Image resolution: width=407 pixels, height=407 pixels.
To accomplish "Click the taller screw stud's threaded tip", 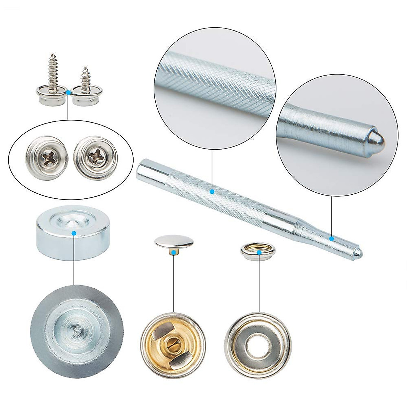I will pos(53,55).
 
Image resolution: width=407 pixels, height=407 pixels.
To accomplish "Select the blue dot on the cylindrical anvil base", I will pos(74,233).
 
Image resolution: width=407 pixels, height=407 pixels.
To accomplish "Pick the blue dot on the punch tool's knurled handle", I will pos(212,192).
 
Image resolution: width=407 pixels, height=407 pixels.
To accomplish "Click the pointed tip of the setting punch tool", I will pos(361,252).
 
